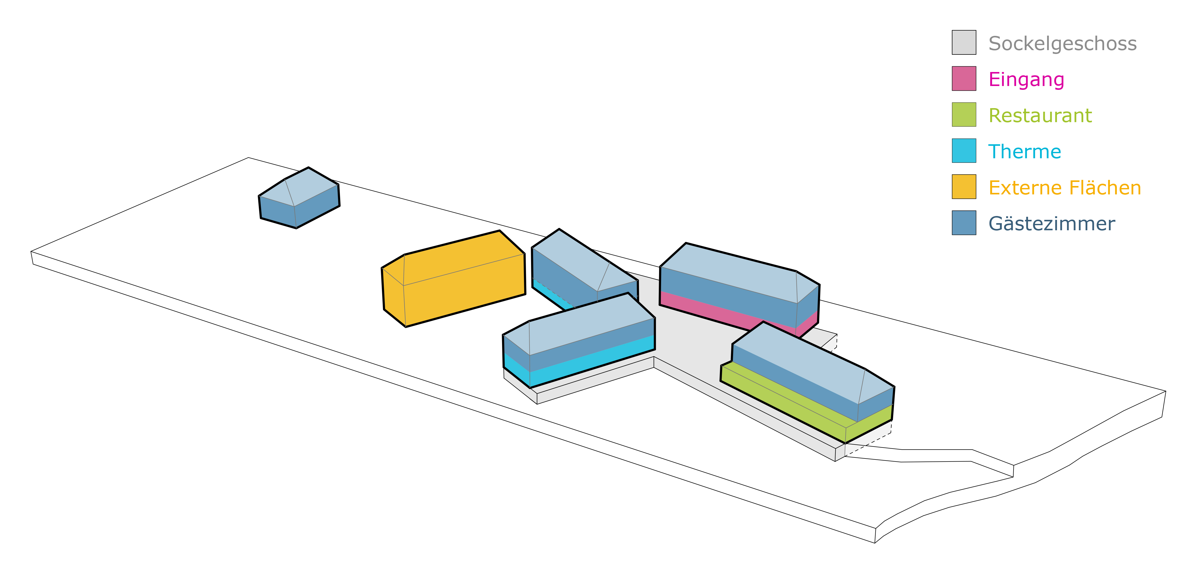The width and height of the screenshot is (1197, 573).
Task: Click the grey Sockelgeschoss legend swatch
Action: pos(964,42)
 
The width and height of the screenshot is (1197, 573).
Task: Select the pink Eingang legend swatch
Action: pos(964,79)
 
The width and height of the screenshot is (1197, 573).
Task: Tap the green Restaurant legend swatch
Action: pos(964,114)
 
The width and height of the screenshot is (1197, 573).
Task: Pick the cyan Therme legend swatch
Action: pos(964,151)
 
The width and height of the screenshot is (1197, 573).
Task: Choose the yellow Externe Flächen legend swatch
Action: pos(964,186)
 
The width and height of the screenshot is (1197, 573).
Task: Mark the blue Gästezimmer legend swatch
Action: pos(964,223)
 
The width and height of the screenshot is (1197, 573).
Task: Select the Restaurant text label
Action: pos(1040,115)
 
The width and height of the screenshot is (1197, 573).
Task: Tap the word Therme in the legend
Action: pos(1025,151)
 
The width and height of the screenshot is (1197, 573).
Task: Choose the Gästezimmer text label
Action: pos(1051,224)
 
